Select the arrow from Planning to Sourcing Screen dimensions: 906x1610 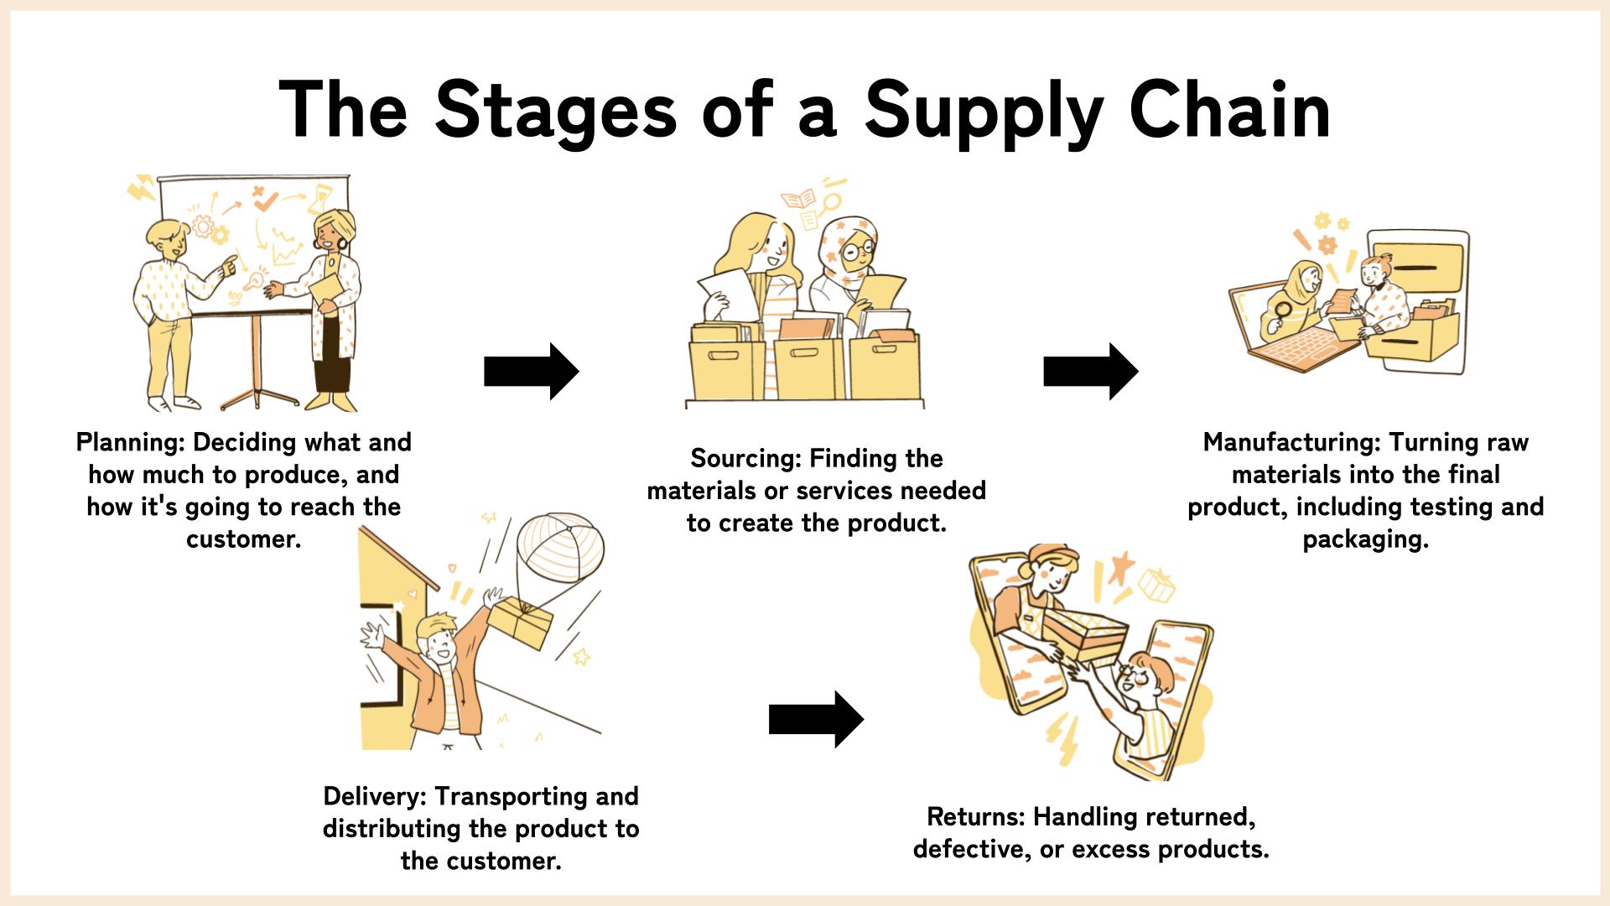click(531, 371)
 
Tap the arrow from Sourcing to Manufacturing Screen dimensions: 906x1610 click(1090, 371)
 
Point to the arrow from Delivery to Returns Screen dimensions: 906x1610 click(815, 719)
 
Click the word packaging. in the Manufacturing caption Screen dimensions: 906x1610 click(1365, 539)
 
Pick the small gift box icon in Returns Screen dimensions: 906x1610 click(1156, 584)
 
